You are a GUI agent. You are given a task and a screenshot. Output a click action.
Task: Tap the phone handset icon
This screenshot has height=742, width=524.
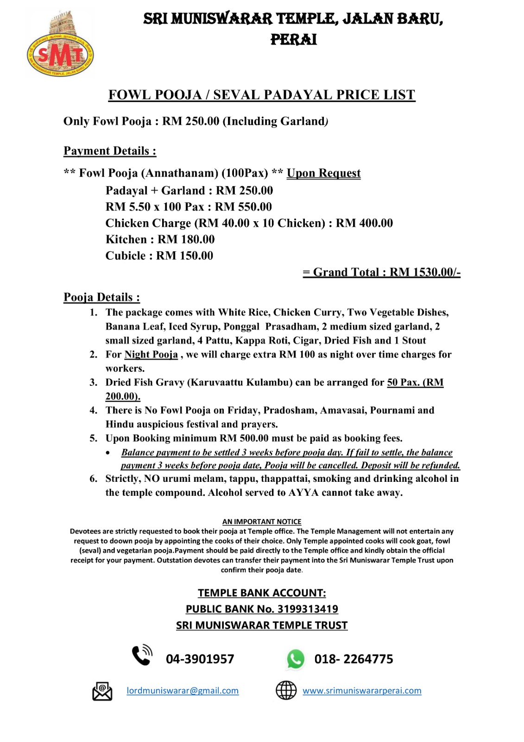tap(142, 656)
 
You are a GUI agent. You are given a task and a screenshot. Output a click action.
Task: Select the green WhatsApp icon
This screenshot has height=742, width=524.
tap(296, 659)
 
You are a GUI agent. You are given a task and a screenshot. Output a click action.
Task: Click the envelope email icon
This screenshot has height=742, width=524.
tap(102, 691)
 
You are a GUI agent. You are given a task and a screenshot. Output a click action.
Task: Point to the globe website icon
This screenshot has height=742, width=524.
tap(286, 691)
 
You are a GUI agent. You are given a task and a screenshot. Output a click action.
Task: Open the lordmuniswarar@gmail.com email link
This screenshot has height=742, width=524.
tap(183, 691)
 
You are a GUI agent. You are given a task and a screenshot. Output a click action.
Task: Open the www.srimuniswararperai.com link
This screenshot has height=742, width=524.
tap(362, 691)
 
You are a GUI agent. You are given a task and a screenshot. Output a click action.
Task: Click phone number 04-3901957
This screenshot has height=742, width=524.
tap(200, 659)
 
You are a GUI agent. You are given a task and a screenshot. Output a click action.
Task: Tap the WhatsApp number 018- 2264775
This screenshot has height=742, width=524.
tap(354, 659)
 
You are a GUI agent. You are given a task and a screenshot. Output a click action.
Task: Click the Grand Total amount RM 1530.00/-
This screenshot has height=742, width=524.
tap(425, 272)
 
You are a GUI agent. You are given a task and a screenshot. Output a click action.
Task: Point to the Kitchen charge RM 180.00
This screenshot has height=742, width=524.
tap(186, 239)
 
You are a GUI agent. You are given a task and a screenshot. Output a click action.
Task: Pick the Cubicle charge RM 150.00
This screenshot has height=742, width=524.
tap(184, 256)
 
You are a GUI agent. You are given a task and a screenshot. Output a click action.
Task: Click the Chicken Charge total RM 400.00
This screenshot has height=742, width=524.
tap(364, 223)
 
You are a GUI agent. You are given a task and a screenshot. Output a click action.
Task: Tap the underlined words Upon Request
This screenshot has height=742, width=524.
tap(323, 173)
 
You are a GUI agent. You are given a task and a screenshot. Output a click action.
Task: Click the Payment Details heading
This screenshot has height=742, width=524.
tap(110, 151)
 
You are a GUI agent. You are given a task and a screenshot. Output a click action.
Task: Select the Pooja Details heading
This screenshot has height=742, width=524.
tap(101, 297)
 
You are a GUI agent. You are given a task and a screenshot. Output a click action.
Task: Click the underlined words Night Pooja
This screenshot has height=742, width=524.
tap(151, 354)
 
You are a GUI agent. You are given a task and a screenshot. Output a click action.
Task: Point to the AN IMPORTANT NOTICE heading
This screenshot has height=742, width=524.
tap(262, 522)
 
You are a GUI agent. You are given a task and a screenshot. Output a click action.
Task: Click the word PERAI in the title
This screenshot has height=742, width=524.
tap(294, 40)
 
